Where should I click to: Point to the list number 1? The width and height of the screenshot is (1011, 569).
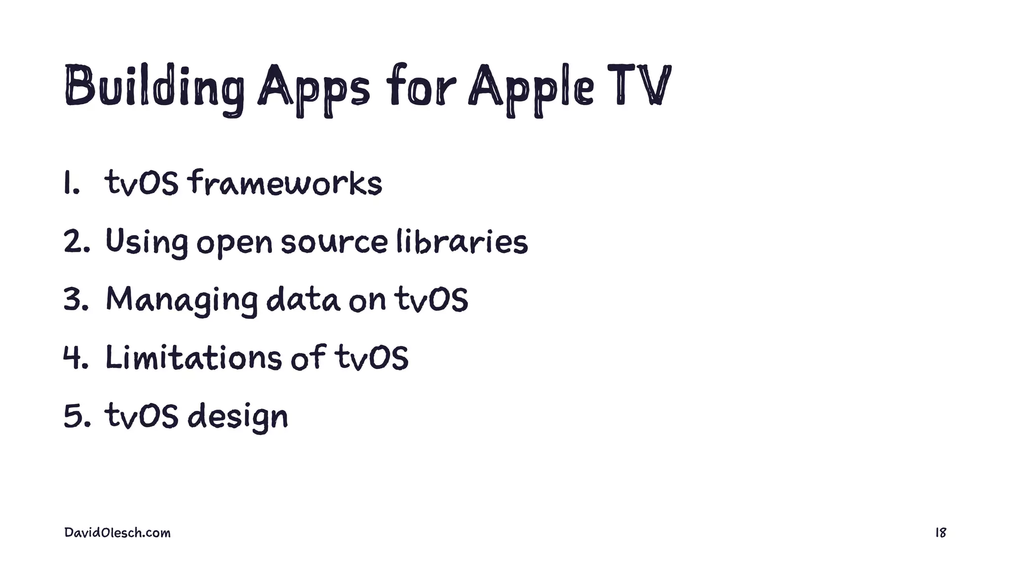coord(71,183)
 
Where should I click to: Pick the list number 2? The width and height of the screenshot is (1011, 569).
coord(76,242)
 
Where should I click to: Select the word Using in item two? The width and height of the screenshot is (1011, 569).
coord(147,242)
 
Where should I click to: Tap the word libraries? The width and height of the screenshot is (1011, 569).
coord(462,242)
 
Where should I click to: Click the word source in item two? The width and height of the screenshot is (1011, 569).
coord(334,243)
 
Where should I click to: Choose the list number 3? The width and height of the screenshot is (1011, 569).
coord(76,299)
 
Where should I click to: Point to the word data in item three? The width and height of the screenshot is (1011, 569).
coord(303,299)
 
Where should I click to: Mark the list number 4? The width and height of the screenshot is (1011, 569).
coord(76,357)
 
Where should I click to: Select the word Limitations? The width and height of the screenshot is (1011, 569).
coord(194,357)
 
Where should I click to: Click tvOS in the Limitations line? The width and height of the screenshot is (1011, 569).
coord(372,357)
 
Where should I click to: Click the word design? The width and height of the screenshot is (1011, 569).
coord(238,416)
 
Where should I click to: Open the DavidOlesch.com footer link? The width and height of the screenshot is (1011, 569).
coord(117,533)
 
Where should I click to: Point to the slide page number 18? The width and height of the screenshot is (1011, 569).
coord(940,533)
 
